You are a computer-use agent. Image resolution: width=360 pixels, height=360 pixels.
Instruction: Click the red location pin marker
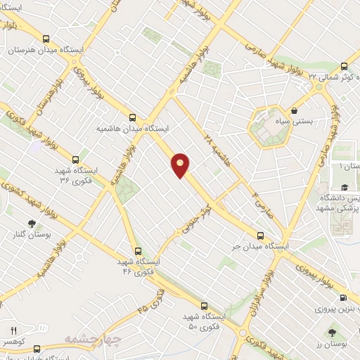click(181, 165)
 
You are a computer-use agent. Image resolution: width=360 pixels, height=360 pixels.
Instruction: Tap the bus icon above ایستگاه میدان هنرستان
click(46, 39)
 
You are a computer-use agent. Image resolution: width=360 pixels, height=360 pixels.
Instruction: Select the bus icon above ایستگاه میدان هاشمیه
click(133, 118)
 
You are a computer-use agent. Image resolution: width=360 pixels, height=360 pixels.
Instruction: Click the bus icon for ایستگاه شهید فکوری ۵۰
click(204, 307)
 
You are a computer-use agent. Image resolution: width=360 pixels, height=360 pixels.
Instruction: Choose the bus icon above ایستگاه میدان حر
click(260, 236)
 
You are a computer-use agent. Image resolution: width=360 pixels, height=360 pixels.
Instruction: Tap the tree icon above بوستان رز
click(332, 331)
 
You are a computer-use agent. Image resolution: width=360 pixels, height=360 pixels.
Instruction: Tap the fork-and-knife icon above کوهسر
click(13, 330)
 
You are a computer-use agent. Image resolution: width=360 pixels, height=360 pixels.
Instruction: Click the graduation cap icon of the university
click(345, 187)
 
